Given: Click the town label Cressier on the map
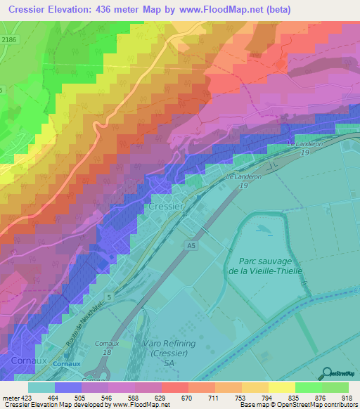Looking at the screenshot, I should (165, 207).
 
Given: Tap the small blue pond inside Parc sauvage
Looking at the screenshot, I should (261, 229).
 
